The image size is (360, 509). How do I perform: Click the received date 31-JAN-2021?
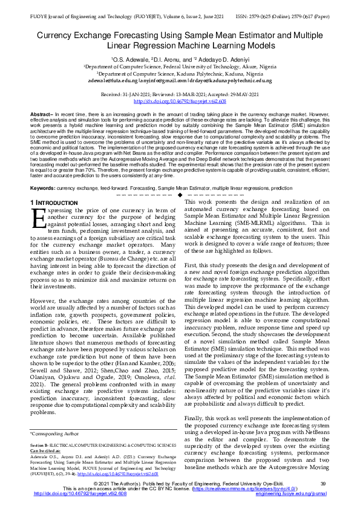[137, 95]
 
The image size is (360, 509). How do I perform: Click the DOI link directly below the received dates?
[180, 101]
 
